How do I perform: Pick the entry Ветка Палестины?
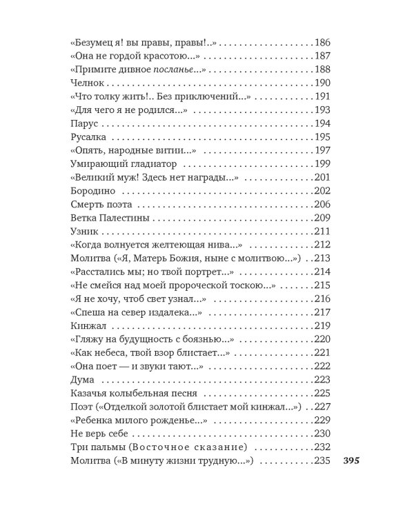tap(110, 217)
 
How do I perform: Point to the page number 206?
tap(323, 204)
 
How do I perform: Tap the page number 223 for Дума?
tap(323, 379)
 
